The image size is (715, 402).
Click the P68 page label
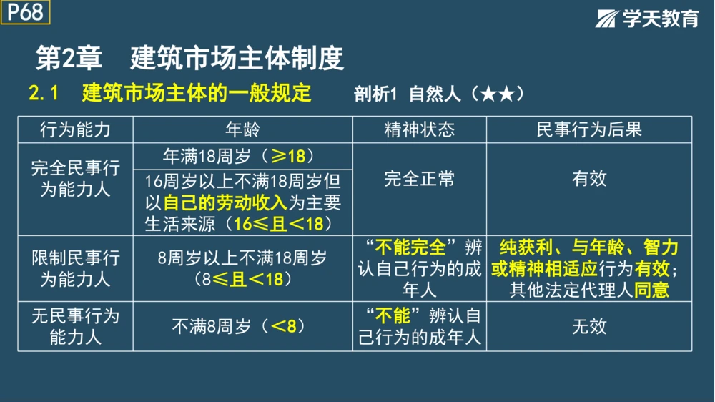click(26, 12)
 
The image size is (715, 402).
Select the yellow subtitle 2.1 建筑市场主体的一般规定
click(170, 93)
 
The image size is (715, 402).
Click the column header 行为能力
click(75, 129)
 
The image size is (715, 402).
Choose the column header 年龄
click(242, 129)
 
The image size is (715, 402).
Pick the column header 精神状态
click(419, 129)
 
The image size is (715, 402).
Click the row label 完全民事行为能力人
click(75, 180)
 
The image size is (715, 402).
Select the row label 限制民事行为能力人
click(75, 268)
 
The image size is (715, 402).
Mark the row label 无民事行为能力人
click(75, 326)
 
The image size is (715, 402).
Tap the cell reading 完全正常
click(419, 179)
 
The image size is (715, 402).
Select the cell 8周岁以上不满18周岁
click(242, 258)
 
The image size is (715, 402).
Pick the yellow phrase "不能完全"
click(415, 247)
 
